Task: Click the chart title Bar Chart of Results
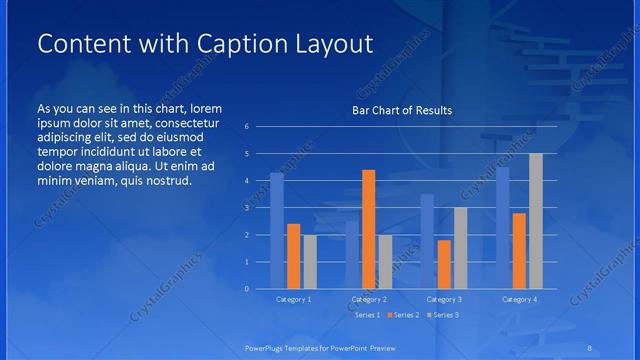pos(401,110)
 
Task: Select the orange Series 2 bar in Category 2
pos(368,229)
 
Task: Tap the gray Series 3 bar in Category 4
pos(535,221)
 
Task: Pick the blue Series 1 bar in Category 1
pos(277,231)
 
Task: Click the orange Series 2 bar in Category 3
pos(443,264)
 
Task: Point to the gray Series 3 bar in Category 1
pos(310,262)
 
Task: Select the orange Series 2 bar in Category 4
pos(519,250)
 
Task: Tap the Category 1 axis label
pos(293,299)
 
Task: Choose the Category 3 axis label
pos(443,299)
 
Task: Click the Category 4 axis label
pos(518,299)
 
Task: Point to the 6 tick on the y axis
pos(260,127)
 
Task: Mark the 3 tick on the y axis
pos(260,208)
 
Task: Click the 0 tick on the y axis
pos(260,289)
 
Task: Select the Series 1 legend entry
pos(366,315)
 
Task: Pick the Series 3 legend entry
pos(443,315)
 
